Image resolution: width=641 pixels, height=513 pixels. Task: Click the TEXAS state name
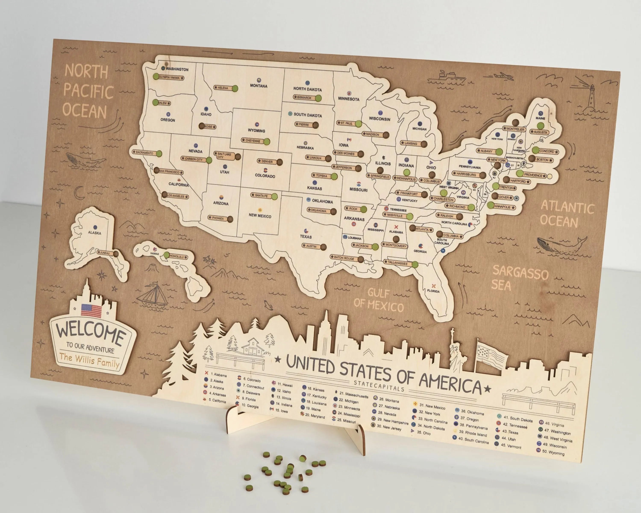coord(306,237)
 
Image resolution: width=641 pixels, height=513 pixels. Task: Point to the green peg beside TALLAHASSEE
coord(415,264)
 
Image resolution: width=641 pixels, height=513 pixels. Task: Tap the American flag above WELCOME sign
coord(91,310)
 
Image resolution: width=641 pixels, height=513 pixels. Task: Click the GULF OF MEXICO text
coord(378,300)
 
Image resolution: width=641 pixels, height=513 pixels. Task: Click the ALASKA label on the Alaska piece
coord(94,233)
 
